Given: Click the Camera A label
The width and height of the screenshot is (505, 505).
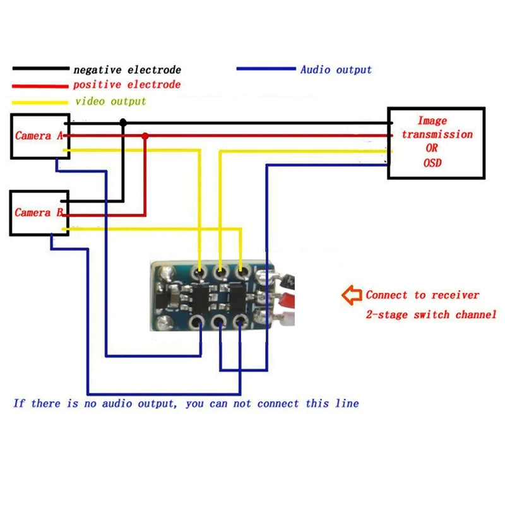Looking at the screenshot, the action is (x=39, y=136).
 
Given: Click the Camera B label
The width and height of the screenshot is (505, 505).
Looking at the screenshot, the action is (x=39, y=213).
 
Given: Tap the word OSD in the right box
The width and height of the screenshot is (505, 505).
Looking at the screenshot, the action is (x=432, y=163).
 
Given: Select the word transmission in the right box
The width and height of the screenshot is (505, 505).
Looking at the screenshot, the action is (x=437, y=134).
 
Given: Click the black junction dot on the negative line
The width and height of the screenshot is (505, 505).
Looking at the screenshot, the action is (x=123, y=122).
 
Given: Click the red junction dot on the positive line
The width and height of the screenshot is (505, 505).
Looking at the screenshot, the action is (x=145, y=136).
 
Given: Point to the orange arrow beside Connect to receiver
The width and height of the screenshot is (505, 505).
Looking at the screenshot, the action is (x=352, y=295).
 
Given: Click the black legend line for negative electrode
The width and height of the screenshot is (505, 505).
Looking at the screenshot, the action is (x=41, y=68).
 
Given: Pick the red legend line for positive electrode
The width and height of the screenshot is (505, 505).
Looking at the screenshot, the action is (x=40, y=86).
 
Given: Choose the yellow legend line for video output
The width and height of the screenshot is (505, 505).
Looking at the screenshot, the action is (x=40, y=103).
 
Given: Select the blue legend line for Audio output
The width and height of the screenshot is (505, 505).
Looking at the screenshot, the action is (x=266, y=69).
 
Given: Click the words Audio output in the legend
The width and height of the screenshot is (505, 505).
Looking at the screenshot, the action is (x=336, y=69).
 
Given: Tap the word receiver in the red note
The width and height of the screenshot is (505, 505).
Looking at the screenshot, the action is (x=455, y=295).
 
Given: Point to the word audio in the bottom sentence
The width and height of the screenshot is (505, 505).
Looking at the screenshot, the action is (x=117, y=403).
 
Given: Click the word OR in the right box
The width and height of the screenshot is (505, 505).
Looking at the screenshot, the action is (x=432, y=148).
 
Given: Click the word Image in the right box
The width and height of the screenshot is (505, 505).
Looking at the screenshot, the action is (x=432, y=121).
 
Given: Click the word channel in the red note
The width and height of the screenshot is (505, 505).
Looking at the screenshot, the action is (x=476, y=314).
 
